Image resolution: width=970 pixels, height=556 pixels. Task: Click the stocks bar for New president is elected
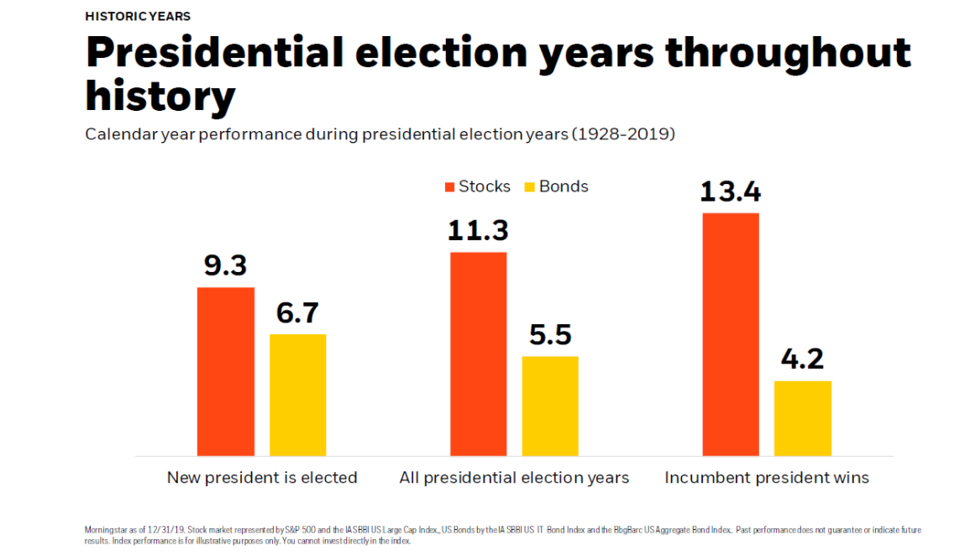pyautogui.click(x=225, y=371)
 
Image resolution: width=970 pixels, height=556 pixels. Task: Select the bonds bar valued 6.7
pyautogui.click(x=297, y=395)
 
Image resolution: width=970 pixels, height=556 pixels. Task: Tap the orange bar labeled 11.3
pyautogui.click(x=478, y=354)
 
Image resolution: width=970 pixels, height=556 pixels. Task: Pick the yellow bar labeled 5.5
pyautogui.click(x=550, y=406)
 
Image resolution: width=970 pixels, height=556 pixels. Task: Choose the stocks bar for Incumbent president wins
pyautogui.click(x=730, y=334)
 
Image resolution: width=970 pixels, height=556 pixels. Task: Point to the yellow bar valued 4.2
pyautogui.click(x=802, y=418)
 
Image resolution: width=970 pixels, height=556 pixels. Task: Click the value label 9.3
pyautogui.click(x=225, y=266)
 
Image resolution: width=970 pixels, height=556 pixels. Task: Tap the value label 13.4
pyautogui.click(x=730, y=192)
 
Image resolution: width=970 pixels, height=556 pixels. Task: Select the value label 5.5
pyautogui.click(x=550, y=335)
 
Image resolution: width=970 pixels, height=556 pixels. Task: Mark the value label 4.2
pyautogui.click(x=802, y=359)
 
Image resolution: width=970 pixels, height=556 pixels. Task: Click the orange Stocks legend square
pyautogui.click(x=449, y=186)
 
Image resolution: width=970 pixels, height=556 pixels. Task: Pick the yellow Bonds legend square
pyautogui.click(x=530, y=186)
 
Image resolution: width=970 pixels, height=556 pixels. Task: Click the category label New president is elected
pyautogui.click(x=262, y=478)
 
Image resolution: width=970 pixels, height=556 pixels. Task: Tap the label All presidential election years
pyautogui.click(x=514, y=478)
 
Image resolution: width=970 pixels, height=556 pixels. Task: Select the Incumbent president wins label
pyautogui.click(x=767, y=478)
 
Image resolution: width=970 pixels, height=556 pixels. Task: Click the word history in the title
pyautogui.click(x=160, y=97)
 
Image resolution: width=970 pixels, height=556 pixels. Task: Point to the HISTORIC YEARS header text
pyautogui.click(x=138, y=16)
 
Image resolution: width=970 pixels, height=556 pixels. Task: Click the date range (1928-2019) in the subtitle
pyautogui.click(x=622, y=134)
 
